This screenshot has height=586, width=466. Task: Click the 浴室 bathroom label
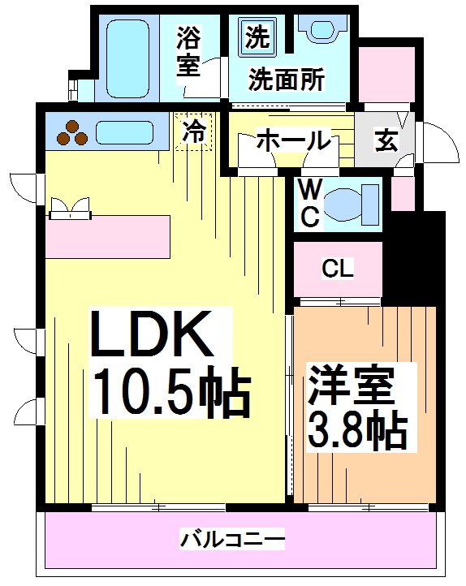click(x=188, y=51)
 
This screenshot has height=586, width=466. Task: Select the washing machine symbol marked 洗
click(x=256, y=37)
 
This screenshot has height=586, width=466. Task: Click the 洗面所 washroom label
click(x=287, y=80)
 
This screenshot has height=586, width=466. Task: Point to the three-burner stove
click(x=72, y=132)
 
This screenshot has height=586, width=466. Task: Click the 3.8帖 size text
click(x=356, y=430)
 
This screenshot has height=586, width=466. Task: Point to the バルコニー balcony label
click(x=232, y=538)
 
